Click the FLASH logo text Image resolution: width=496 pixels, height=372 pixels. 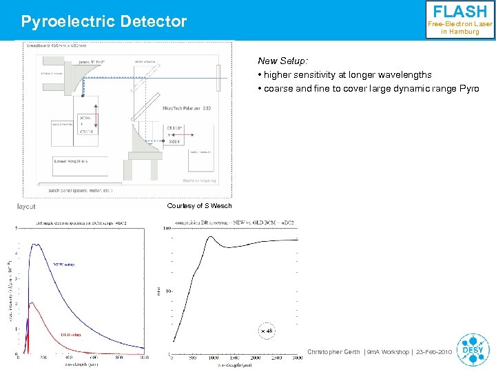[459, 12]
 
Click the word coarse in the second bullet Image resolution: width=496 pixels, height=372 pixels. [280, 89]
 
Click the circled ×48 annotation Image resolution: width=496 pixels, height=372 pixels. [267, 331]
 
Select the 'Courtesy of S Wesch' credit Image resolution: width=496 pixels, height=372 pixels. [200, 206]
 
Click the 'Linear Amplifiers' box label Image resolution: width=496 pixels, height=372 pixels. [72, 162]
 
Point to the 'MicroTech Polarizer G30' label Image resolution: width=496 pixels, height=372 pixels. [186, 108]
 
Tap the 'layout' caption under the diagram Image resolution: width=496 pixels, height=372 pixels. [27, 206]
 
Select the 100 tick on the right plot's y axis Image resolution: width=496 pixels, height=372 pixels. [167, 228]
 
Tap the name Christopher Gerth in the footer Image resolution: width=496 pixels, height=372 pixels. [333, 352]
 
